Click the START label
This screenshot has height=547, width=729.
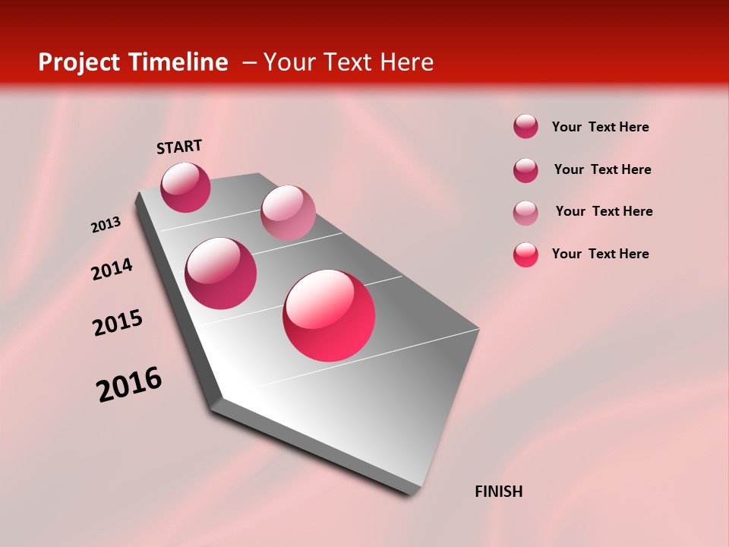179,147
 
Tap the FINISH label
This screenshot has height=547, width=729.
499,492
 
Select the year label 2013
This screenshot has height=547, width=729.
106,225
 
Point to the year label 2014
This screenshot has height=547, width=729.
112,269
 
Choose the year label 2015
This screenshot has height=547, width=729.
118,323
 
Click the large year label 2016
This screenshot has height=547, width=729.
129,384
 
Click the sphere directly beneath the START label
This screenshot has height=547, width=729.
185,187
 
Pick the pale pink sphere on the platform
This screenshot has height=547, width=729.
288,212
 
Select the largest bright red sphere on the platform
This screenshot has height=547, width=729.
329,315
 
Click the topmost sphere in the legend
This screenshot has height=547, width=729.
525,126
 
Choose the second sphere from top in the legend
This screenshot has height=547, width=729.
525,170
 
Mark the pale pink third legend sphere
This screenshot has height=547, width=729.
525,213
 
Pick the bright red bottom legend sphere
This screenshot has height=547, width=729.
525,255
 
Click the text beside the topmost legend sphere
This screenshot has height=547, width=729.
600,127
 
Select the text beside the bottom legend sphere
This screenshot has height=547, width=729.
600,254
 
